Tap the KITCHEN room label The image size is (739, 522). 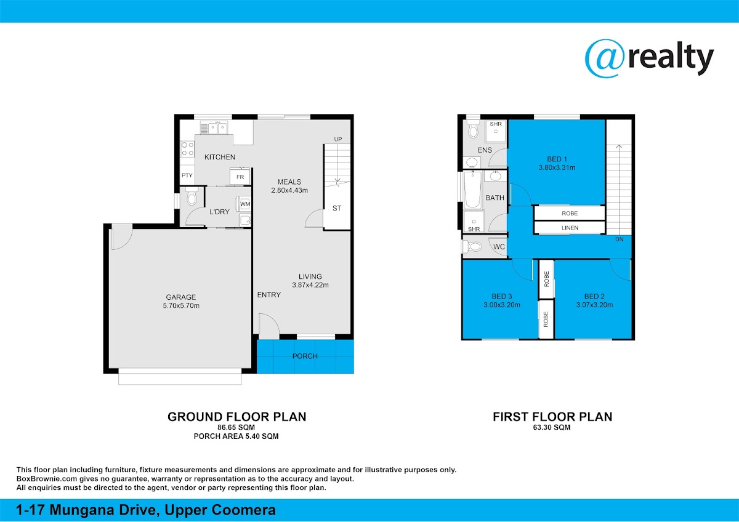220,158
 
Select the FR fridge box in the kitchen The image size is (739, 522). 240,177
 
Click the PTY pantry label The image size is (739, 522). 187,175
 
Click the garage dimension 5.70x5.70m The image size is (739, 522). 181,306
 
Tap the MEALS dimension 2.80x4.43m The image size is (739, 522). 289,190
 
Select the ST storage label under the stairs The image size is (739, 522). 337,209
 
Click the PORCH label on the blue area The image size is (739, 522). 305,356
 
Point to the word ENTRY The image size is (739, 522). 269,295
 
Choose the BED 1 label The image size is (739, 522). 557,159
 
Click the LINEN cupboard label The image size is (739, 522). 570,228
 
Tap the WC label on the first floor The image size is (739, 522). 499,247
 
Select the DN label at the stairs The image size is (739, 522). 620,239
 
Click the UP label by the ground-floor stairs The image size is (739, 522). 338,139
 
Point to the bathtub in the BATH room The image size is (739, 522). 473,190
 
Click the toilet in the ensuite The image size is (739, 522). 473,129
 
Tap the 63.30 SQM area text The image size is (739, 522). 552,427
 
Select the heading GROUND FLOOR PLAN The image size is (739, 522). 237,417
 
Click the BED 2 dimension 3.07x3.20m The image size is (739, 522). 594,305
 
